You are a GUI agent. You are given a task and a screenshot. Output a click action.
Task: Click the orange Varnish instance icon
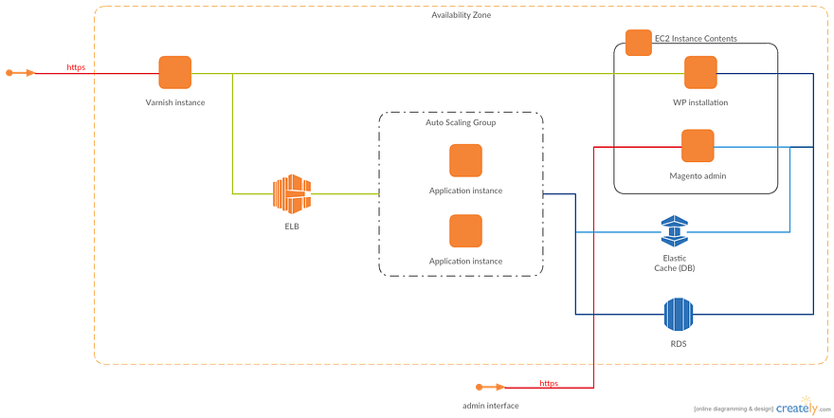(174, 73)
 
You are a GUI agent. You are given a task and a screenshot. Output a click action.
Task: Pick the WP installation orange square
(700, 73)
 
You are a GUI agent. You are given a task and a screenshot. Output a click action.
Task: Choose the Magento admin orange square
(697, 146)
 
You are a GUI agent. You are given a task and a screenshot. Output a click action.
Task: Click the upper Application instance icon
(465, 160)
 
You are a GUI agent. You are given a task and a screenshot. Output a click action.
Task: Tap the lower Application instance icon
(465, 230)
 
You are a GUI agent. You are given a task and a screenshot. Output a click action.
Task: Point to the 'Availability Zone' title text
(461, 15)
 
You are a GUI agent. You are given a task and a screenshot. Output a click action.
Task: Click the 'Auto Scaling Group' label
(461, 122)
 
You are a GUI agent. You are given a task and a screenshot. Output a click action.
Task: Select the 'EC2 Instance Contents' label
(696, 39)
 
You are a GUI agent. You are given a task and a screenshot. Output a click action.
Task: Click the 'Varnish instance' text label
(175, 102)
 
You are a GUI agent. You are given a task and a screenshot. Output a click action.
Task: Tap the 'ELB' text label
(292, 227)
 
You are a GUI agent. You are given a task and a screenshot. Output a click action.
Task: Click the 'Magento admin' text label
(697, 175)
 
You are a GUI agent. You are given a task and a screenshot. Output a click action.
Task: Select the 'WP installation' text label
(700, 102)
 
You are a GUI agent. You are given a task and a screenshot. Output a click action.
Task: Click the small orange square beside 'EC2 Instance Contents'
(638, 43)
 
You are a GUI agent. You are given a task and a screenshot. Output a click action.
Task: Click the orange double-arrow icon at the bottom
(490, 386)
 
